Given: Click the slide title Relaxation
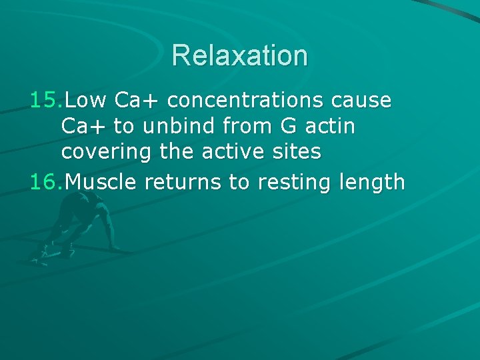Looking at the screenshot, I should click(239, 55).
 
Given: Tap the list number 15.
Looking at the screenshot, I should click(46, 101).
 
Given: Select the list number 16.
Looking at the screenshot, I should click(46, 181).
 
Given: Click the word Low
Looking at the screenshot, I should click(87, 101).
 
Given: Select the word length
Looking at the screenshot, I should click(374, 181).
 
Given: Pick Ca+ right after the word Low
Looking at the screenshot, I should click(137, 101).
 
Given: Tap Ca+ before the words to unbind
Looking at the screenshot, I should click(84, 127).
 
